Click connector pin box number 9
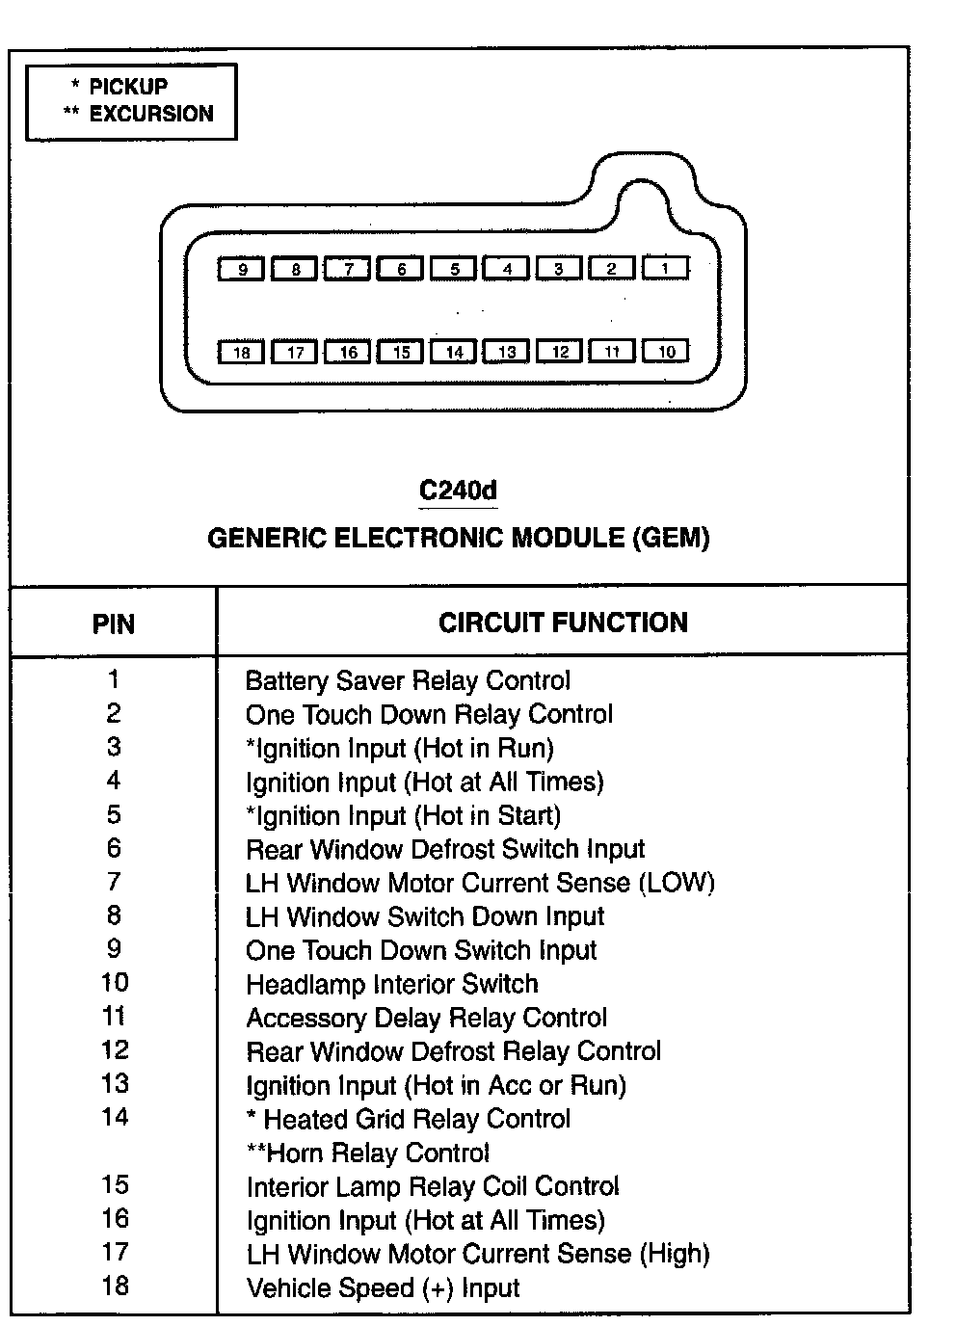(x=242, y=269)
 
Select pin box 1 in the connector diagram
(x=665, y=268)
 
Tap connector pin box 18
(x=242, y=352)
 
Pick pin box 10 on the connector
(x=666, y=351)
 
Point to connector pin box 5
(x=454, y=269)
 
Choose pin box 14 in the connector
(x=454, y=352)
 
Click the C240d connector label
(x=458, y=490)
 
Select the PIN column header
(x=114, y=623)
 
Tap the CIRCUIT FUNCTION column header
(x=563, y=623)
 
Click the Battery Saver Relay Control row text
(x=408, y=681)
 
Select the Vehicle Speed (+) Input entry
(x=383, y=1288)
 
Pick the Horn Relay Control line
(x=368, y=1153)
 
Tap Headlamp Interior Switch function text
(x=392, y=984)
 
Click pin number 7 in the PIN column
(x=114, y=882)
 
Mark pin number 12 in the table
(x=115, y=1050)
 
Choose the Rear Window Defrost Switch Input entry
(x=445, y=849)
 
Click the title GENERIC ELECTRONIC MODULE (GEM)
(x=459, y=538)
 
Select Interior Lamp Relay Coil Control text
(x=433, y=1186)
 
